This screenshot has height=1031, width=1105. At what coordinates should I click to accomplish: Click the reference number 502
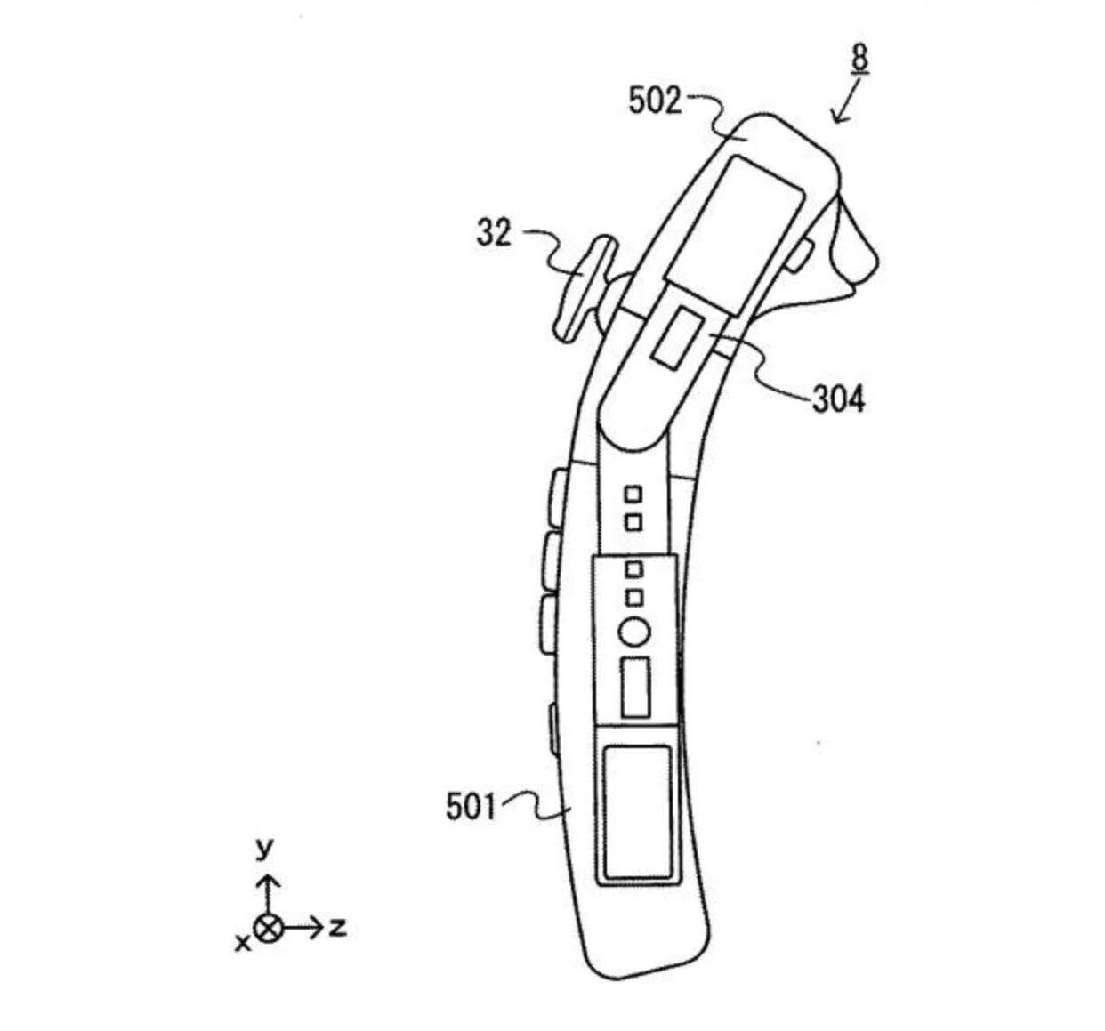654,101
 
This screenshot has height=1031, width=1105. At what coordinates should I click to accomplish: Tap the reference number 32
494,234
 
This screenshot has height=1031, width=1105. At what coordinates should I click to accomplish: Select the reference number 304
837,400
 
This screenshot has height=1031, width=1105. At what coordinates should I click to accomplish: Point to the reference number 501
469,807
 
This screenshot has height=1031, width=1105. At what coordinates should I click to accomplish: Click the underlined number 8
859,59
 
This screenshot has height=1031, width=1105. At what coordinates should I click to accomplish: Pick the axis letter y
264,848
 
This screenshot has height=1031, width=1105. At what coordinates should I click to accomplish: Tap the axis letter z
337,928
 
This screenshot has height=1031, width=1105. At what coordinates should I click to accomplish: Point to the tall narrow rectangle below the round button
635,687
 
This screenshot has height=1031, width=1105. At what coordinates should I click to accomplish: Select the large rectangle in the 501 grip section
635,810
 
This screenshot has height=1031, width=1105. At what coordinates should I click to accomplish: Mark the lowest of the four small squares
633,597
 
